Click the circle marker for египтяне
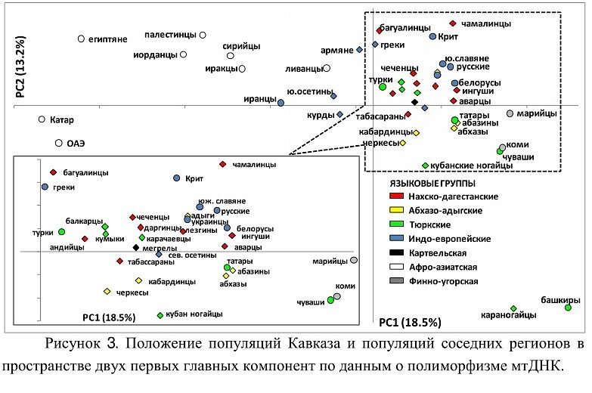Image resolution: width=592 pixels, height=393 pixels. coord(81,39)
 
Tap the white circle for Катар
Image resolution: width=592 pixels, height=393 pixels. coord(42,119)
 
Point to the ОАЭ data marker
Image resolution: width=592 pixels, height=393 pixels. coord(58,143)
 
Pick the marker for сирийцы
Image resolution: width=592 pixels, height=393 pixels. coord(231,56)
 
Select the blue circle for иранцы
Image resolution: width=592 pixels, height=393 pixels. coord(281,102)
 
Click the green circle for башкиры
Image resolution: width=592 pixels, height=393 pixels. coord(568,308)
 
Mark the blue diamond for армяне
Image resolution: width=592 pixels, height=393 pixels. coord(360,50)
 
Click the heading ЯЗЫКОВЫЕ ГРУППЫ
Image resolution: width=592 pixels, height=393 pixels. coord(432,184)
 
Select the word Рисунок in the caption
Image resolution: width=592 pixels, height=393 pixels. coord(76,345)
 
